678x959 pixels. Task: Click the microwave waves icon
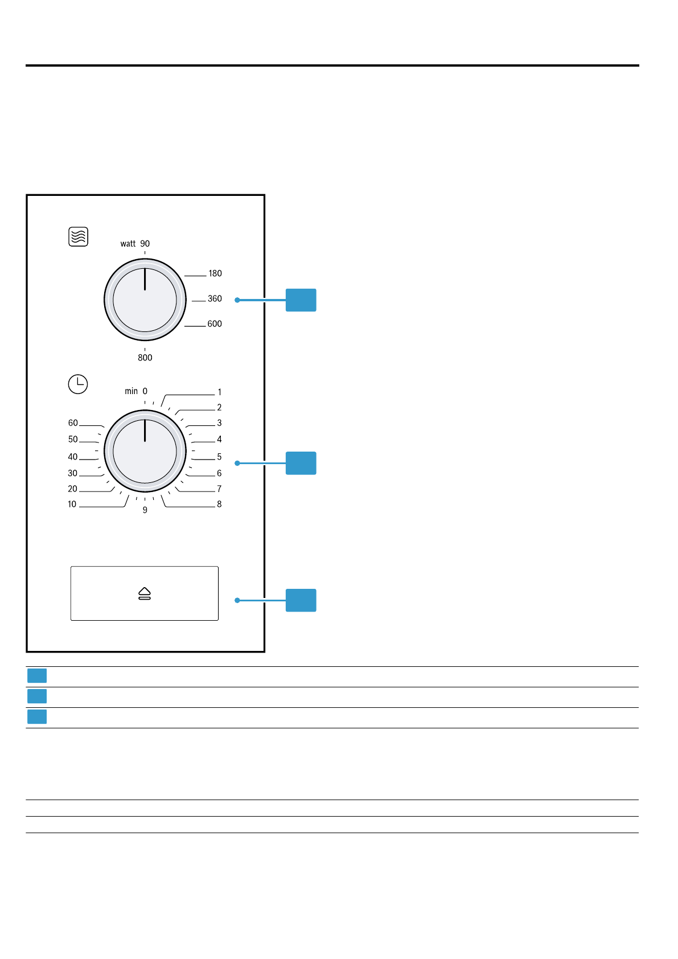[x=78, y=236]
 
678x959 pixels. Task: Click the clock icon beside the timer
[x=78, y=384]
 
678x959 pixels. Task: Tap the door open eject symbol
[x=145, y=593]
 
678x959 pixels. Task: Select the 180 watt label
[x=215, y=274]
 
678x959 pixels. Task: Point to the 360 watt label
[x=215, y=299]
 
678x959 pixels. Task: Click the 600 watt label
[x=215, y=324]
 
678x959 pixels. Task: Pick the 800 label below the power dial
[x=145, y=358]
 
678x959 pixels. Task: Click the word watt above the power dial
[x=128, y=244]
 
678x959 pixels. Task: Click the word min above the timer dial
[x=131, y=391]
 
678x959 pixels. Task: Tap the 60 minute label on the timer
[x=73, y=423]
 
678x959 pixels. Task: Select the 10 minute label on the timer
[x=72, y=505]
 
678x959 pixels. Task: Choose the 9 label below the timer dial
[x=145, y=510]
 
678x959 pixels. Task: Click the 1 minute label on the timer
[x=219, y=392]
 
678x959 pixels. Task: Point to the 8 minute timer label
[x=219, y=505]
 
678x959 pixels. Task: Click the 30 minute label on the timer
[x=72, y=473]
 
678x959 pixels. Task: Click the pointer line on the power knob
[x=145, y=279]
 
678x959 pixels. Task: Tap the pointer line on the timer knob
[x=145, y=431]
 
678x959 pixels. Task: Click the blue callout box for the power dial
[x=301, y=300]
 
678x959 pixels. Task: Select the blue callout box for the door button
[x=301, y=600]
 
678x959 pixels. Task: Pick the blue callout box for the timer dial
[x=301, y=463]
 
